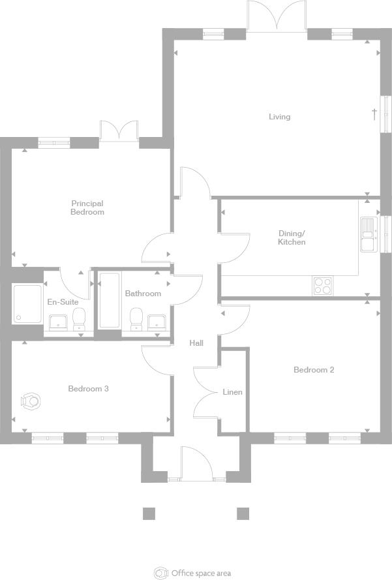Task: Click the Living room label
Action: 279,117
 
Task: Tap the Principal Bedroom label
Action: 87,207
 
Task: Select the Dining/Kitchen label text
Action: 292,237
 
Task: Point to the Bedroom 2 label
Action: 314,370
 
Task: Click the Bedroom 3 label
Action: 88,389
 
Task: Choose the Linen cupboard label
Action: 233,392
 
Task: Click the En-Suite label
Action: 63,302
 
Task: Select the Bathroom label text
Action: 143,294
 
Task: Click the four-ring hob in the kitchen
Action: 323,284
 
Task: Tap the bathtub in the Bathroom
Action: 109,300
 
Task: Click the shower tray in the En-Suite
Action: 27,303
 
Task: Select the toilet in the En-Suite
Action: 80,319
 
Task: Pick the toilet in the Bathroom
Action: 136,319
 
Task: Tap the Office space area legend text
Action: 201,573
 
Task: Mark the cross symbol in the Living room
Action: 374,114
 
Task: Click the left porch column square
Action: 149,513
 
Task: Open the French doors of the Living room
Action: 277,16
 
